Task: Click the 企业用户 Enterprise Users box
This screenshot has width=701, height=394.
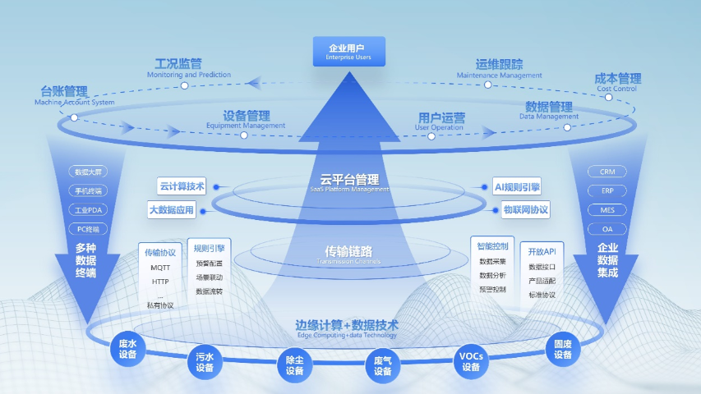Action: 349,51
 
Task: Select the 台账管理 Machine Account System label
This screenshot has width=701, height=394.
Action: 64,95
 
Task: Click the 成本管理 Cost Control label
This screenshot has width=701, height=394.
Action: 617,82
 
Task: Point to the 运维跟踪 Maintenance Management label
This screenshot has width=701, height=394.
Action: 499,68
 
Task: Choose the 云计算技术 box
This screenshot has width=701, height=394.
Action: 182,186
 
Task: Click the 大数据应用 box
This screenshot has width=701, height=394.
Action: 172,210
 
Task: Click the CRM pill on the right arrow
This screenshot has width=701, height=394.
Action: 607,172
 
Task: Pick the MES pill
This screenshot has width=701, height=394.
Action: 607,210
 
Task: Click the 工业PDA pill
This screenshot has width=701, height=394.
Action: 87,210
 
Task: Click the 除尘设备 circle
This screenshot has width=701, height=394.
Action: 295,366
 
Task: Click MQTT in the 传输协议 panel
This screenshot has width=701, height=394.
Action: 160,268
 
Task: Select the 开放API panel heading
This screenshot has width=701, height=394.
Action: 542,251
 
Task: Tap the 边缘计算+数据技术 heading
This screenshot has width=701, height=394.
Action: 346,325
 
